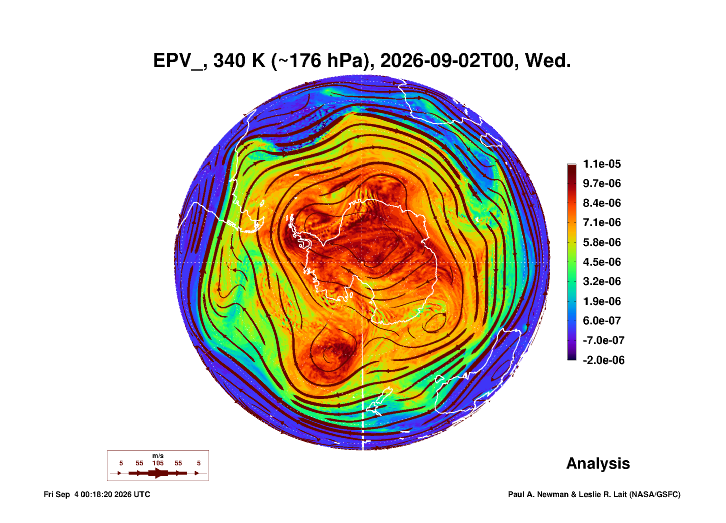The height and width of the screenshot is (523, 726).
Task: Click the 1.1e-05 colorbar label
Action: click(602, 164)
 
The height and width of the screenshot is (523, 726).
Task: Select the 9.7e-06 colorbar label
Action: click(602, 183)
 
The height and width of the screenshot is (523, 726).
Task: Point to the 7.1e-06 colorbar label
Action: click(602, 222)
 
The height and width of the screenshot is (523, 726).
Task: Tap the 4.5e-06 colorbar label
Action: click(602, 262)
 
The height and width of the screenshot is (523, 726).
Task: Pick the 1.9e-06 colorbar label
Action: click(602, 301)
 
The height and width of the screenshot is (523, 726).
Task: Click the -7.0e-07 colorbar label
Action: click(604, 340)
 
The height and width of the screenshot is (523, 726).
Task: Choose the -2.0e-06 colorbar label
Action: click(604, 360)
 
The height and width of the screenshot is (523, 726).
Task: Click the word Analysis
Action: click(598, 464)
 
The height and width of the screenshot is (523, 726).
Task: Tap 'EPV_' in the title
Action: click(179, 61)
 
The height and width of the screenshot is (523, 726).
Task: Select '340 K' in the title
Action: click(239, 61)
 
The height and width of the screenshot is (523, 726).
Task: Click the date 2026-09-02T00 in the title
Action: click(447, 61)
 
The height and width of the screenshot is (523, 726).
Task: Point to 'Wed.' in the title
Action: click(548, 61)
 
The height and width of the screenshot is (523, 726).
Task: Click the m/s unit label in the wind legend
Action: click(158, 456)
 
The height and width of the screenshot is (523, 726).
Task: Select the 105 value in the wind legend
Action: click(158, 463)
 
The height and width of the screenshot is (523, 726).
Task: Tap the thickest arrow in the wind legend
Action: click(158, 473)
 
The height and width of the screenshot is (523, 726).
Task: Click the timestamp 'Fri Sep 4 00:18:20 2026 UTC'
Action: click(97, 494)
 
